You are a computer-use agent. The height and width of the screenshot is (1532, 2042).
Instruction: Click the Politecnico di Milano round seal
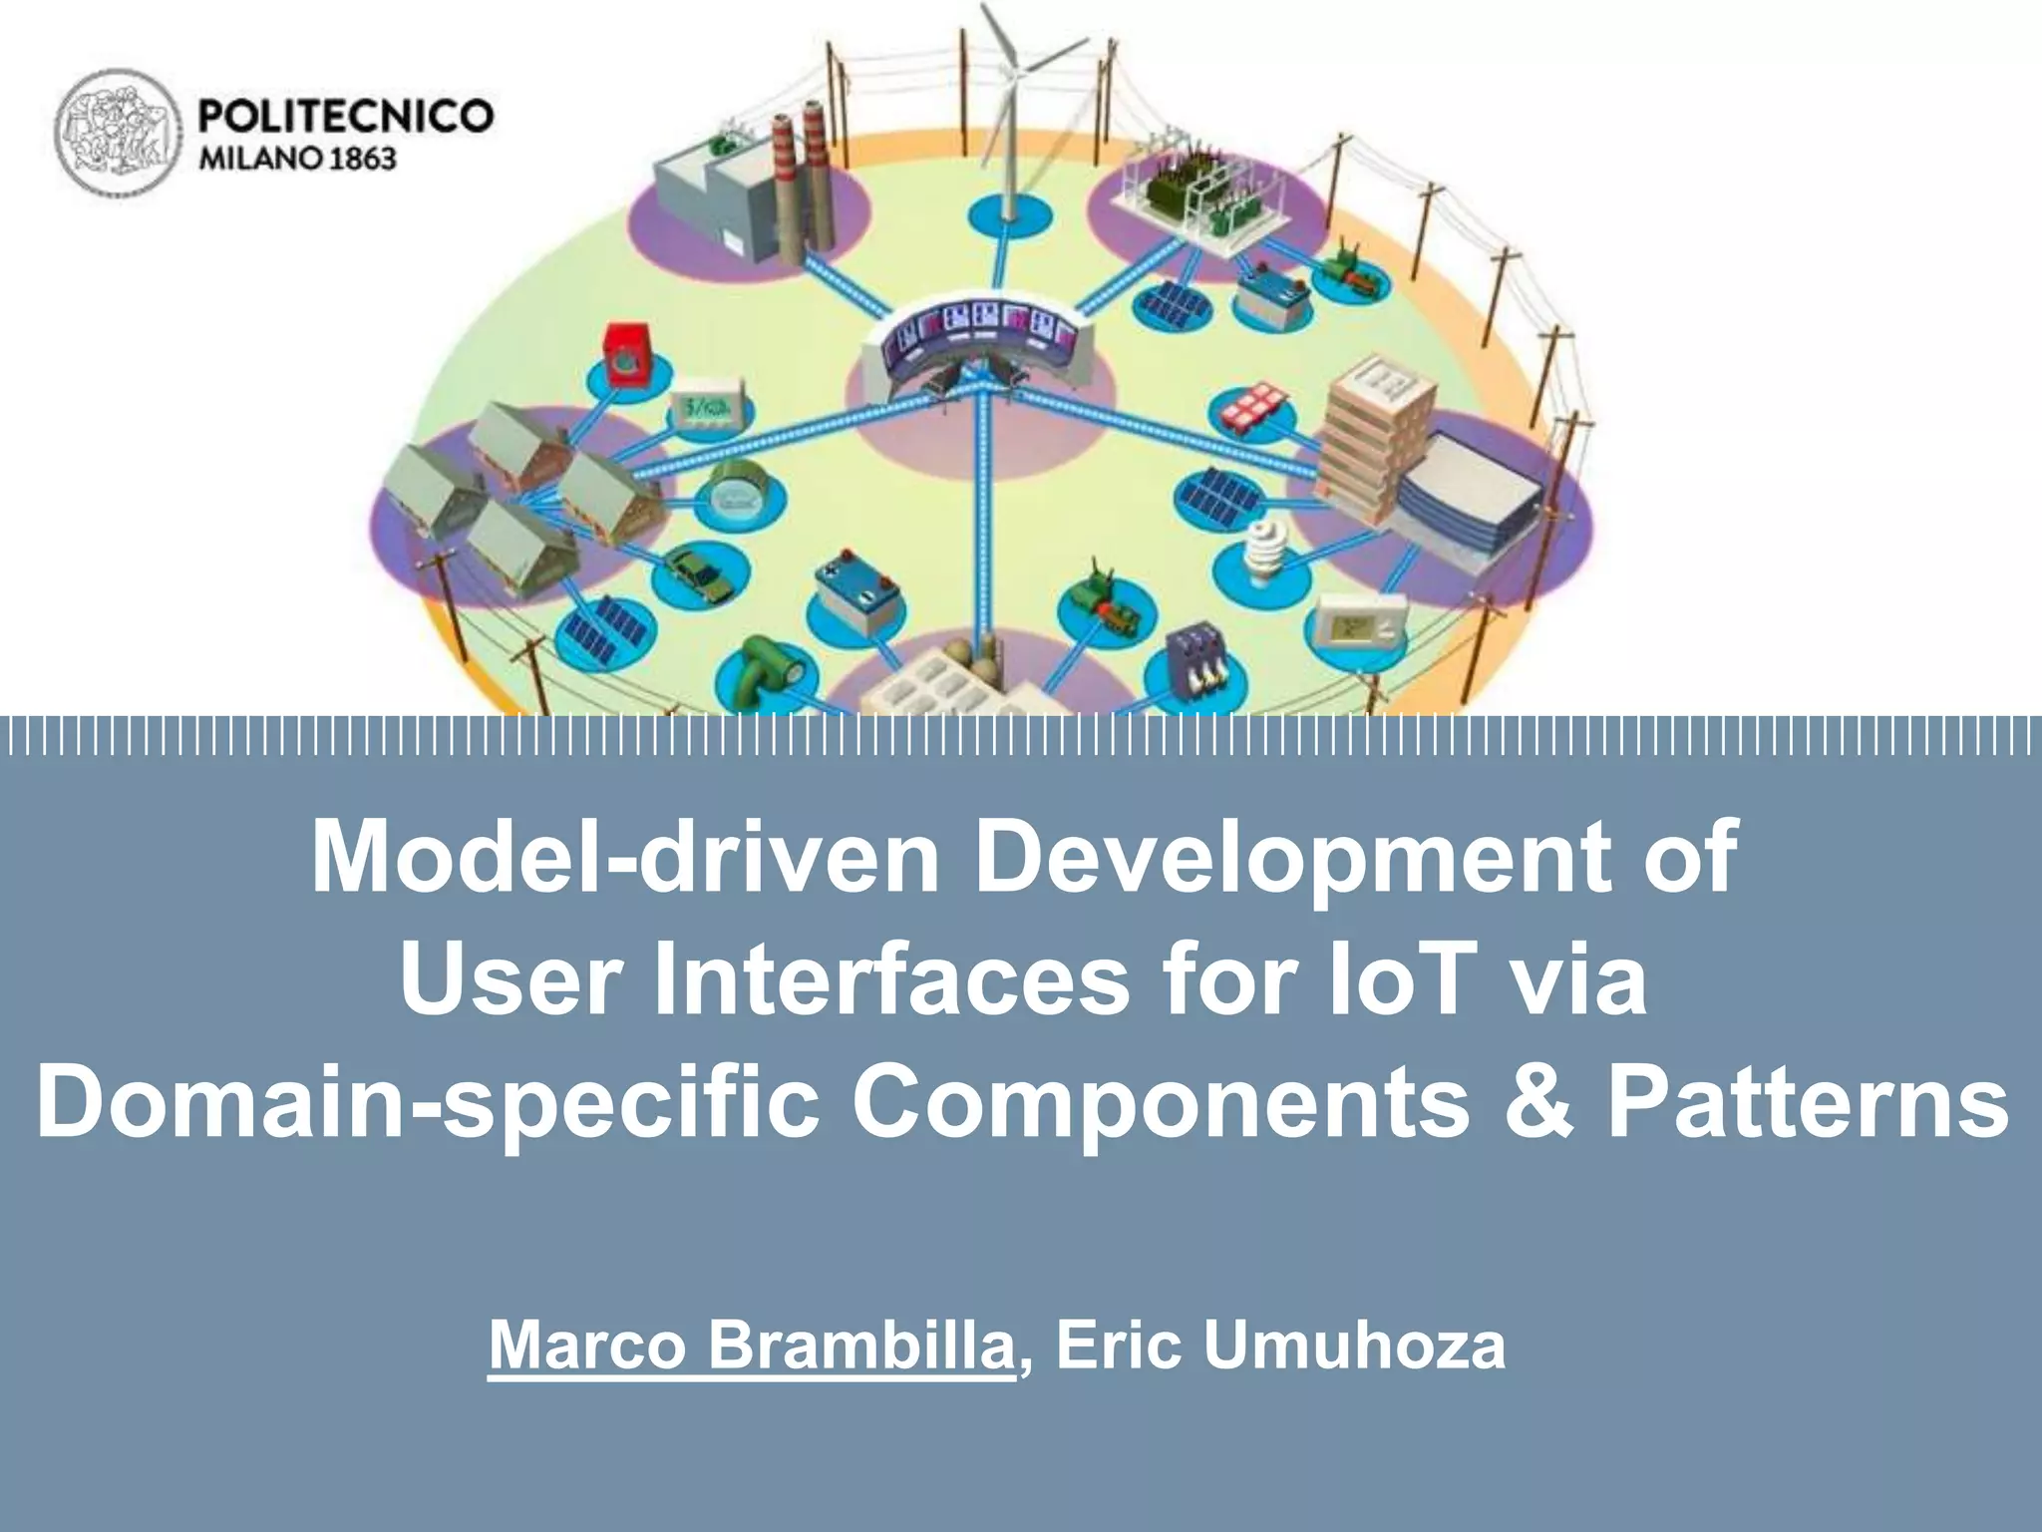pos(119,132)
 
